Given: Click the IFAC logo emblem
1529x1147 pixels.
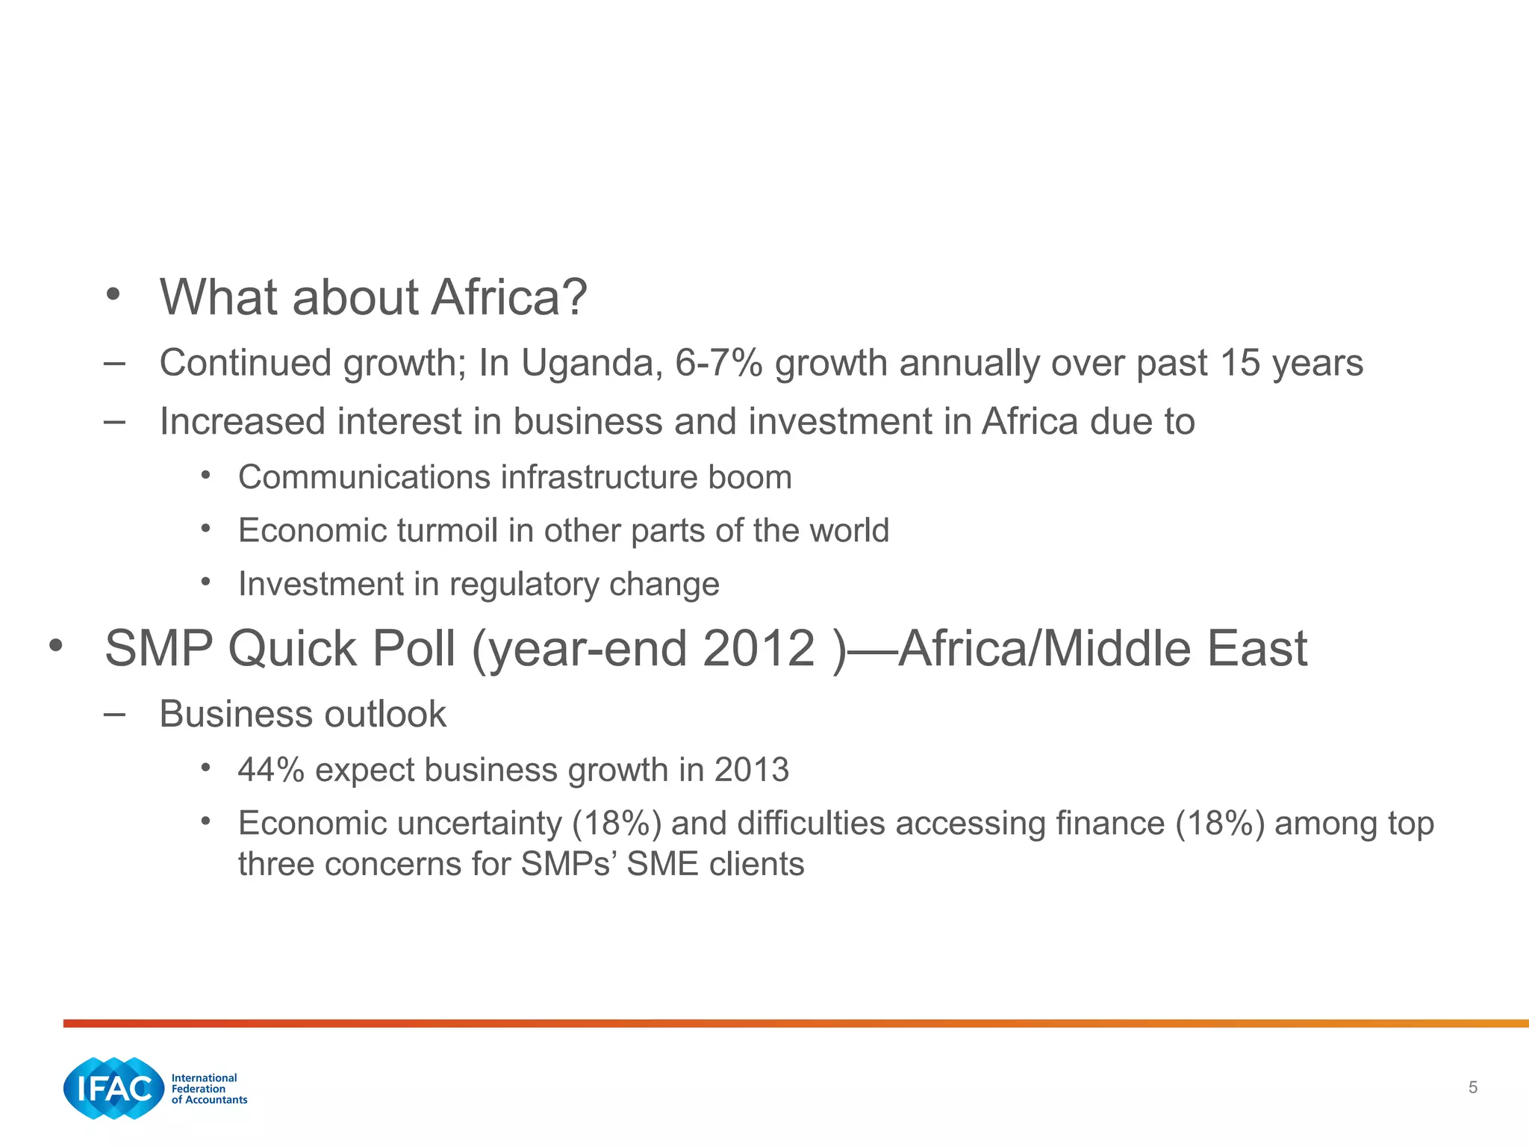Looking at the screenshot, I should [x=113, y=1088].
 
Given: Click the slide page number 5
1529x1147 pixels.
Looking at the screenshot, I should [x=1472, y=1087].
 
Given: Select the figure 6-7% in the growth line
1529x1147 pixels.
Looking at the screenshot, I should [x=718, y=364].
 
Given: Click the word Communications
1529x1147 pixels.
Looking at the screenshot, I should [x=362, y=477].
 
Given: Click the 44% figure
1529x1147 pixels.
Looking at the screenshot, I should [x=270, y=770].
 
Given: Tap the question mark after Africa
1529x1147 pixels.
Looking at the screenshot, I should [x=574, y=297].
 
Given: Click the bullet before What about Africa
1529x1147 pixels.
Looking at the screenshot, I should [x=113, y=294].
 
